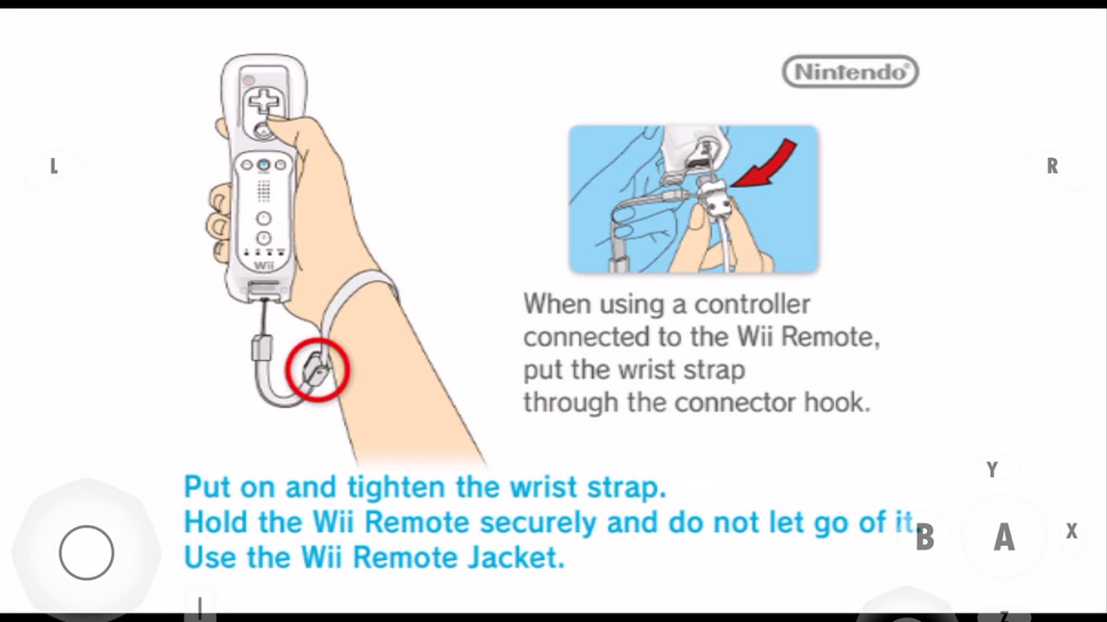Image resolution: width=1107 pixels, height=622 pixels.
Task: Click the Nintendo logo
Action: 850,72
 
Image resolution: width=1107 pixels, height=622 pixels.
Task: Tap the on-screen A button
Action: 1004,536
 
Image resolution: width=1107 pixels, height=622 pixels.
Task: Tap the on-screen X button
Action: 1072,530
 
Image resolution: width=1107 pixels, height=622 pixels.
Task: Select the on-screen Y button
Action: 992,469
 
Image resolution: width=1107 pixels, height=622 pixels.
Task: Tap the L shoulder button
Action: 54,166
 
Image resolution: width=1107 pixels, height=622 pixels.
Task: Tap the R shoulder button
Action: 1053,166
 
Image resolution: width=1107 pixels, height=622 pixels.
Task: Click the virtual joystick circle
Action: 86,552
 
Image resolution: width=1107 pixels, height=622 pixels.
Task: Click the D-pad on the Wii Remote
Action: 264,102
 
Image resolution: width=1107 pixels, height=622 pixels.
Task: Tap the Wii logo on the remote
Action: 264,265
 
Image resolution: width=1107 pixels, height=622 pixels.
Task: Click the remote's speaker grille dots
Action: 264,191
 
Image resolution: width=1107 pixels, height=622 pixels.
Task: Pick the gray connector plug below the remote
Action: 262,348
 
